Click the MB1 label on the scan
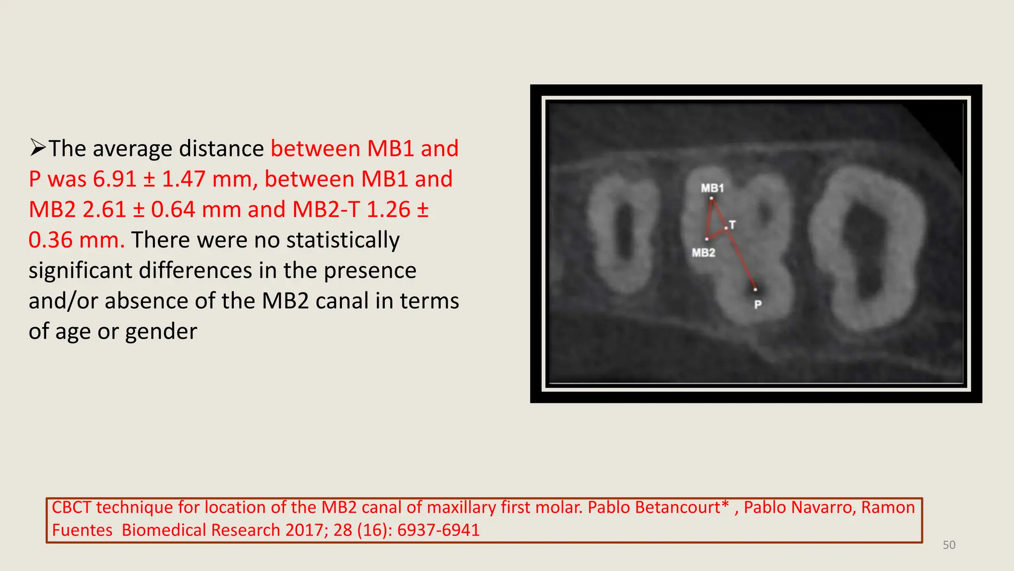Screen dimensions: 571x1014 [712, 188]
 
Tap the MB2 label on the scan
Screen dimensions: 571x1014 [703, 253]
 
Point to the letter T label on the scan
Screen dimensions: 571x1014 [733, 225]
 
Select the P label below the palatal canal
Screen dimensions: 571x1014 [758, 305]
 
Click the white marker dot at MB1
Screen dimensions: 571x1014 [711, 199]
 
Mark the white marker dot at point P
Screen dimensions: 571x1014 [755, 289]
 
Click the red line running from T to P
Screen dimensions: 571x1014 [741, 259]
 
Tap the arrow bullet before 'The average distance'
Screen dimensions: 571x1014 [38, 148]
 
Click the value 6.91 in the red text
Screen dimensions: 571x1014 [114, 179]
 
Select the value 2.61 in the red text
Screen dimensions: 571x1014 [104, 210]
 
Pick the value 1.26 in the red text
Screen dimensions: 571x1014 [388, 210]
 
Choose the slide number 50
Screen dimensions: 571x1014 [949, 545]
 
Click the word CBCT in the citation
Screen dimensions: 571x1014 [71, 508]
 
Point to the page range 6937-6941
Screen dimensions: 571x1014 [438, 530]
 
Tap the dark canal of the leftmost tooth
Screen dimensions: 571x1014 [625, 233]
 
